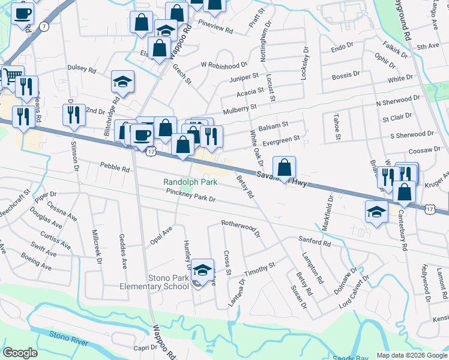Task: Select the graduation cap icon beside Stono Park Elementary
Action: (203, 271)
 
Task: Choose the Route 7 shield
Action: (44, 26)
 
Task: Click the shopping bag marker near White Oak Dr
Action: (285, 166)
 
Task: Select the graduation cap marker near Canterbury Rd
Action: (376, 212)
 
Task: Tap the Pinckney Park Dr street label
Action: (191, 194)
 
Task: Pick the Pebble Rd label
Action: (115, 169)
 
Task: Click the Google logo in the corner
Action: (20, 353)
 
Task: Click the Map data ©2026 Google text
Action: (411, 355)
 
